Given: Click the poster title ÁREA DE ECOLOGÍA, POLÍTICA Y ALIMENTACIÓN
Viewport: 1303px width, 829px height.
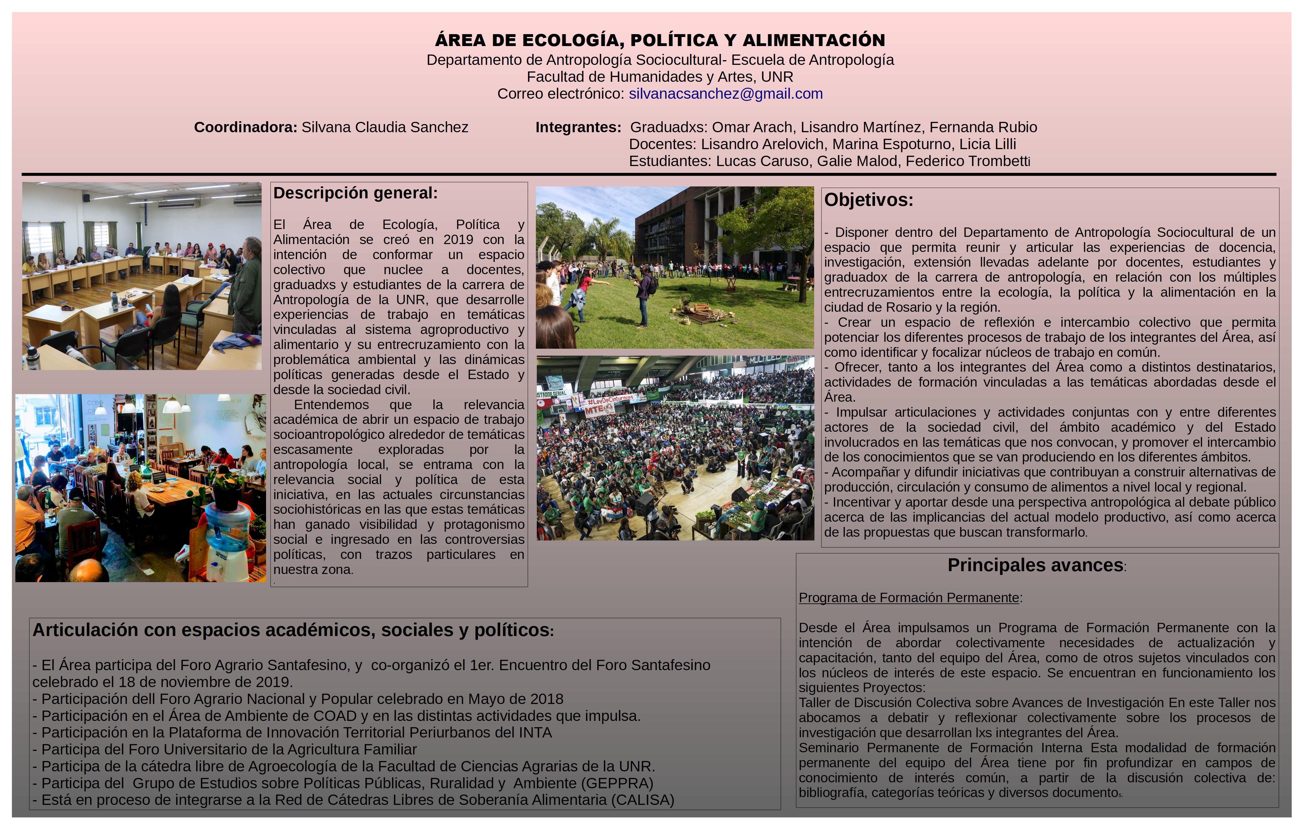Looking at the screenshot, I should point(660,40).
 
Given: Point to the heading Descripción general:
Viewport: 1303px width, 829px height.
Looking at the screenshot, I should point(355,193).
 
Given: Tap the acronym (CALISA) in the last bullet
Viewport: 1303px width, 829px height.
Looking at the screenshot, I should point(643,800).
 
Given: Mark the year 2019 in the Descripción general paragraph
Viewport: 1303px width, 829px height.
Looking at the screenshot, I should point(458,240).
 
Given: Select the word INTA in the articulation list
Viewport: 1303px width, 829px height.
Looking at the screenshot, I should point(535,733).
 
